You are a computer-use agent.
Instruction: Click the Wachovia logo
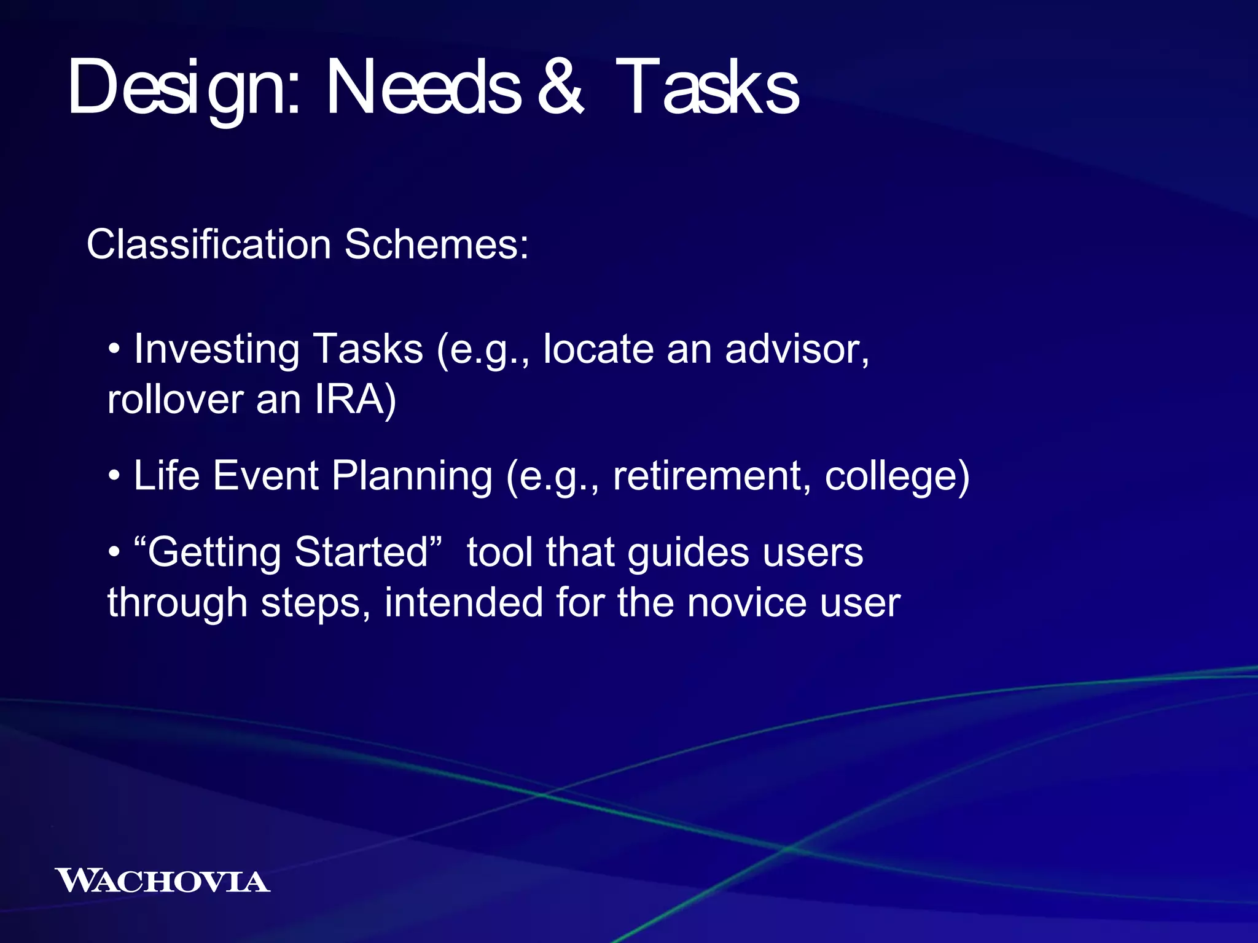coord(162,881)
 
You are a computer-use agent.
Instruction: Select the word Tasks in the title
coord(706,88)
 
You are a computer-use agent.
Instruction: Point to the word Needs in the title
coord(424,88)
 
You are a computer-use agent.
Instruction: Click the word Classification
coord(209,244)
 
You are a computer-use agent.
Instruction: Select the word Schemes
coord(436,244)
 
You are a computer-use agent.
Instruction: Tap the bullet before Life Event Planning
coord(114,476)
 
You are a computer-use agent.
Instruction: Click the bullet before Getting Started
coord(114,553)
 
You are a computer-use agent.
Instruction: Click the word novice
coord(746,602)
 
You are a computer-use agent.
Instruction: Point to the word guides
coord(688,553)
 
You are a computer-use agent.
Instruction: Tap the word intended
coord(464,602)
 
